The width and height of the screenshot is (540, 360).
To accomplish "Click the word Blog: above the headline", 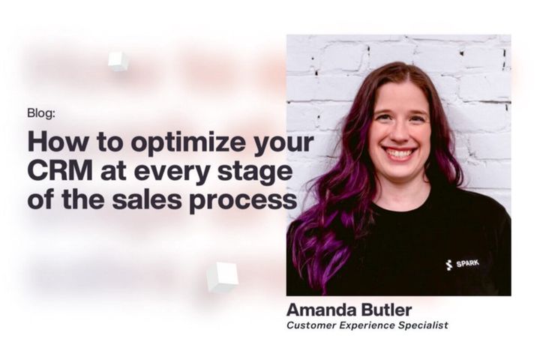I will pos(40,113).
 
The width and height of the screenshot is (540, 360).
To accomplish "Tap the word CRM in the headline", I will pos(55,172).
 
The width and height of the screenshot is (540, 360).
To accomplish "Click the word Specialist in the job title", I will pos(423,325).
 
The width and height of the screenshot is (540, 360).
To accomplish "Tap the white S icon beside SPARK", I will pos(448,264).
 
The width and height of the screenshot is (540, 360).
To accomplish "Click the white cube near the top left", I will pos(118,61).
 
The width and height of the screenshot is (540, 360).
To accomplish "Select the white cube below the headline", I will pos(222,277).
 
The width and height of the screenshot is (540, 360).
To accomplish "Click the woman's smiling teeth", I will pos(400,153).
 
